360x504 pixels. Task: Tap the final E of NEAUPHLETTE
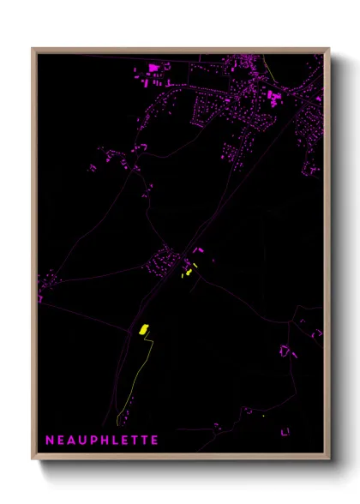coord(155,440)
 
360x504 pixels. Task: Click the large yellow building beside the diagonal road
coord(144,329)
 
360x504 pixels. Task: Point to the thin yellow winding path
coord(137,377)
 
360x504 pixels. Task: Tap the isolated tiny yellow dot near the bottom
coord(264,417)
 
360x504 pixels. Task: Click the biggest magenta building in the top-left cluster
coord(154,67)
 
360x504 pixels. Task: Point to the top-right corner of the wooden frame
coord(329,49)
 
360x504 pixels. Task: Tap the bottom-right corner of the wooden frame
coord(329,459)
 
